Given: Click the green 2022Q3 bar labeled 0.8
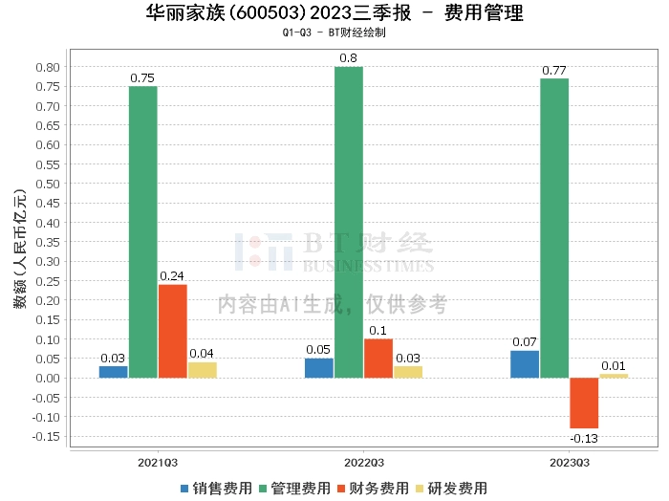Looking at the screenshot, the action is tap(349, 223).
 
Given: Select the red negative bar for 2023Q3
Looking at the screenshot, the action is tap(584, 403).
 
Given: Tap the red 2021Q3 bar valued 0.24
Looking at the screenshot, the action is tap(173, 331).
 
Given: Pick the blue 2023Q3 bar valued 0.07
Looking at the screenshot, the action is tap(525, 364).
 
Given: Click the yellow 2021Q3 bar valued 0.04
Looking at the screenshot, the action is tap(203, 370).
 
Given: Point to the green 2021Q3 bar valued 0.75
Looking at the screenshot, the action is tap(143, 232).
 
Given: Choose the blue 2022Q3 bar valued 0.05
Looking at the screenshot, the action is tap(319, 368).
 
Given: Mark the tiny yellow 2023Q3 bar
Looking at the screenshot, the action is tap(614, 376).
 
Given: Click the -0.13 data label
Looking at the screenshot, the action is tap(584, 438).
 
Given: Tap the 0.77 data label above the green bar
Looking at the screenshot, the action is tap(554, 71).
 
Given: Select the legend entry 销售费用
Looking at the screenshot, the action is tap(216, 489).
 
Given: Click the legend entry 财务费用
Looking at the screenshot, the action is tap(373, 489).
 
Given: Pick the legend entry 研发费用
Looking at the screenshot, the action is tap(451, 489).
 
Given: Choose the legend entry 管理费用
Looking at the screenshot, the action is tap(294, 489).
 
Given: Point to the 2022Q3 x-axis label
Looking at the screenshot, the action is tap(364, 463).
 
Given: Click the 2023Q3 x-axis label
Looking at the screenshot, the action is tap(570, 463).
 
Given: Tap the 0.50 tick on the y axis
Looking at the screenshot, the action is tap(48, 184).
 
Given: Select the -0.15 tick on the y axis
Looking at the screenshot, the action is tap(46, 437).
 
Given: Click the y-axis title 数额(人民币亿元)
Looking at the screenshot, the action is tap(20, 249).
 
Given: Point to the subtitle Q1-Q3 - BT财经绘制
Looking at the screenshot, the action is tap(334, 33).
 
